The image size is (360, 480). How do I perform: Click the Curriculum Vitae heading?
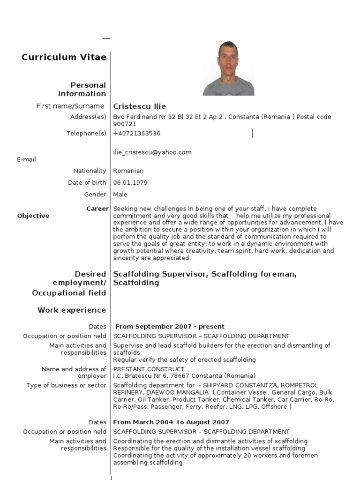(64, 57)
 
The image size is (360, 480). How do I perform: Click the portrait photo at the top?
(228, 68)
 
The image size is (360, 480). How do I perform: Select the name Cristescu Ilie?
(140, 106)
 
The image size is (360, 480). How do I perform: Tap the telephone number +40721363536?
(137, 134)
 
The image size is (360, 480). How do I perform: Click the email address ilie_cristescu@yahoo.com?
(152, 152)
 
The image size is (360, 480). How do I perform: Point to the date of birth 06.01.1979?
(127, 183)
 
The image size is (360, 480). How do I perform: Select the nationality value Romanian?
(128, 171)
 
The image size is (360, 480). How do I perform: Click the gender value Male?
(120, 195)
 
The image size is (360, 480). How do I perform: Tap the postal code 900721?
(125, 124)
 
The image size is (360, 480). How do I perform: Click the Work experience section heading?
(72, 310)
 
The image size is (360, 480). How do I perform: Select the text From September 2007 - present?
(170, 327)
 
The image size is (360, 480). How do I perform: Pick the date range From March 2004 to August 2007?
(172, 422)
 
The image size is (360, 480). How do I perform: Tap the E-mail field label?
(27, 159)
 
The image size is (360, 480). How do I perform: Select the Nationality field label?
(90, 171)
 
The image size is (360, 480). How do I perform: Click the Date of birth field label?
(87, 183)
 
